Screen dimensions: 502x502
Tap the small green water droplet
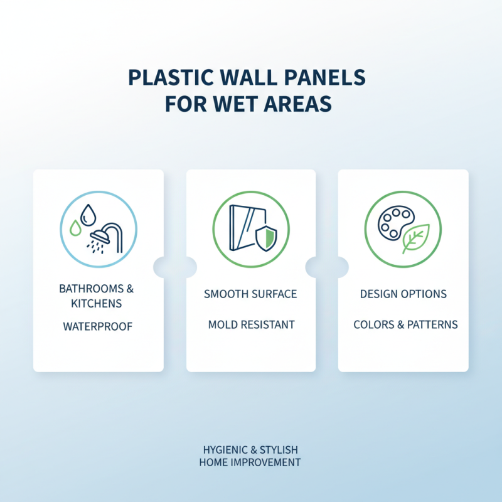pyautogui.click(x=75, y=228)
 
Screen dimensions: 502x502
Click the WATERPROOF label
pyautogui.click(x=98, y=327)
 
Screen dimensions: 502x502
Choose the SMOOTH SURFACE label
pyautogui.click(x=250, y=294)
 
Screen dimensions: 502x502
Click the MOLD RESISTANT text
pyautogui.click(x=251, y=325)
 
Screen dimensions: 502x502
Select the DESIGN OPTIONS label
pyautogui.click(x=403, y=294)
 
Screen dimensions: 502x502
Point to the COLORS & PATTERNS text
pyautogui.click(x=405, y=325)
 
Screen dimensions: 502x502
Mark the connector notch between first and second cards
pyautogui.click(x=175, y=266)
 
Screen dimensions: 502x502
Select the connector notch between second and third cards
pyautogui.click(x=327, y=266)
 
